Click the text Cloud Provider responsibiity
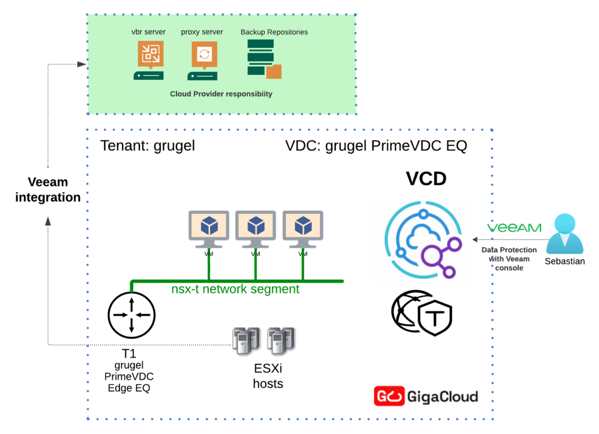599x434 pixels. point(221,93)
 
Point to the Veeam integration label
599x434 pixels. point(48,190)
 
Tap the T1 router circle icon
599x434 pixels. point(132,315)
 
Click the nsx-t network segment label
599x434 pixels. point(235,289)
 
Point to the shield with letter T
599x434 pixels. point(436,321)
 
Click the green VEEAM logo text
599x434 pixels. point(514,228)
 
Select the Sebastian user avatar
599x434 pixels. point(564,234)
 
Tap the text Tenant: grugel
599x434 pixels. point(147,145)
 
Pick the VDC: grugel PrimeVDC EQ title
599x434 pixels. point(376,145)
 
